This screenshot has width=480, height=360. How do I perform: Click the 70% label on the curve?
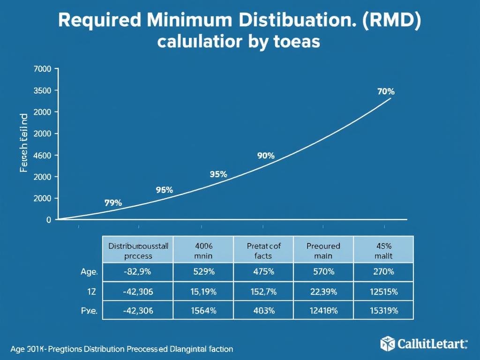(x=385, y=92)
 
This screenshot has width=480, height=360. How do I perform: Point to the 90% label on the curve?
(x=266, y=156)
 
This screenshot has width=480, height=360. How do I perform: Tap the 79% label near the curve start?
(x=112, y=203)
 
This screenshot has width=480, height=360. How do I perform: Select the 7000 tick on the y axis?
(x=42, y=69)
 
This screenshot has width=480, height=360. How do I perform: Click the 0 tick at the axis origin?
(x=48, y=219)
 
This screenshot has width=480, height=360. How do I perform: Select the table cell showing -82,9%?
(x=138, y=272)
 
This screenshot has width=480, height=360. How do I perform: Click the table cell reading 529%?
(x=203, y=272)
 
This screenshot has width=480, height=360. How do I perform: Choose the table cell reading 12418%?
(x=323, y=310)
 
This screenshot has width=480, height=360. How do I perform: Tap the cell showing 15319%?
(x=383, y=310)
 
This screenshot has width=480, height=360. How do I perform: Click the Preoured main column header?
(x=323, y=250)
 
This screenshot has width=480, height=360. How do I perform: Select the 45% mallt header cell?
(x=383, y=250)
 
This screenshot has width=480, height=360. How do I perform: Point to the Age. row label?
(x=89, y=272)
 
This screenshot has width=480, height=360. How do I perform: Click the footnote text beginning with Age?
(x=121, y=349)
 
